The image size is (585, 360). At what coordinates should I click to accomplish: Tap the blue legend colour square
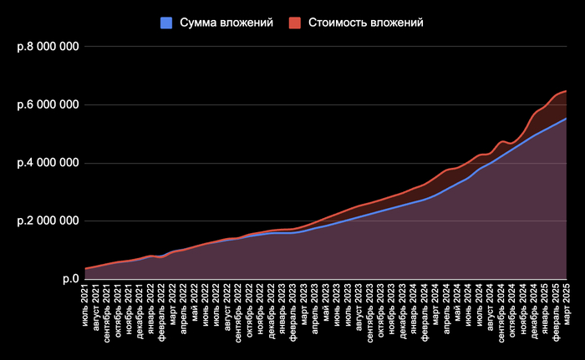tap(165, 23)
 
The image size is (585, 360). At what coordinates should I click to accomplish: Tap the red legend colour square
tap(295, 23)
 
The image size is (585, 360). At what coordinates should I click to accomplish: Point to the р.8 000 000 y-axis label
tap(48, 47)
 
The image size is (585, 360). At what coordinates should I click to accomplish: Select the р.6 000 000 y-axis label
tap(48, 105)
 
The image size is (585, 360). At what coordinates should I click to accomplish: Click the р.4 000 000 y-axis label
tap(48, 163)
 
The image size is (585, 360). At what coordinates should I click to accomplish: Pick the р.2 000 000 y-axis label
tap(48, 221)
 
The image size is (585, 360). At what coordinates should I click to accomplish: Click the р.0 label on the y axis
tap(71, 279)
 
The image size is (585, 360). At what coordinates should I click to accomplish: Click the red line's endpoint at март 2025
tap(567, 90)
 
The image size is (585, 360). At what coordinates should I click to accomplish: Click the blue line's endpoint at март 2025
tap(567, 119)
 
